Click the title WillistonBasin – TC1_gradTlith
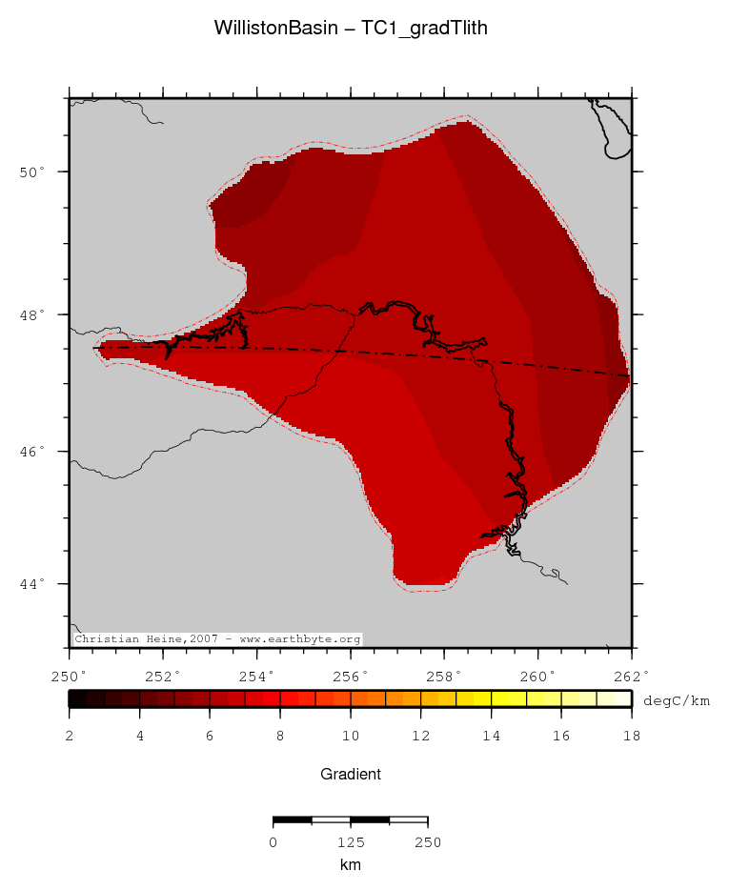pyautogui.click(x=351, y=29)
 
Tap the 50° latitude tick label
pyautogui.click(x=35, y=172)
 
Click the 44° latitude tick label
pyautogui.click(x=35, y=584)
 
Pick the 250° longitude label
pyautogui.click(x=70, y=678)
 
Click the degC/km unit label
pyautogui.click(x=677, y=700)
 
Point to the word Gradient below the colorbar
pyautogui.click(x=351, y=775)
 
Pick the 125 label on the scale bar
pyautogui.click(x=351, y=842)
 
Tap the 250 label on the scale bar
pyautogui.click(x=427, y=842)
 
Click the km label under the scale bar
pyautogui.click(x=351, y=864)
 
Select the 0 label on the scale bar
pyautogui.click(x=273, y=842)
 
